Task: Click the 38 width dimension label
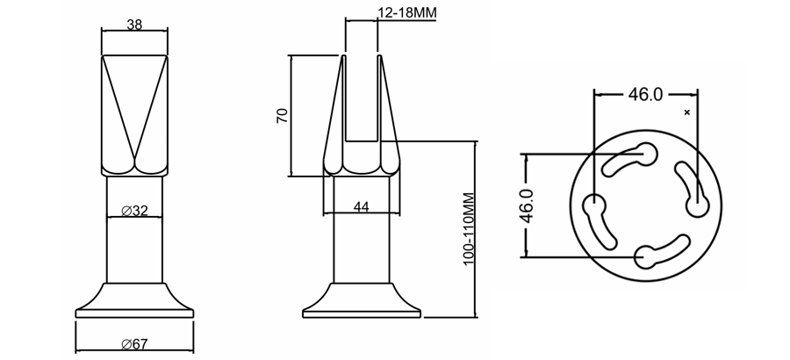click(134, 25)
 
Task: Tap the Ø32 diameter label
click(134, 211)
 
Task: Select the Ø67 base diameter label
click(134, 342)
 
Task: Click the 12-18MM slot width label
click(406, 12)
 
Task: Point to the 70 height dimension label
click(283, 116)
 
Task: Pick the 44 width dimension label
click(361, 205)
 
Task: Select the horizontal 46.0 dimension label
click(645, 95)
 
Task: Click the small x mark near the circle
click(686, 112)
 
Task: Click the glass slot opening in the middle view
click(362, 97)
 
